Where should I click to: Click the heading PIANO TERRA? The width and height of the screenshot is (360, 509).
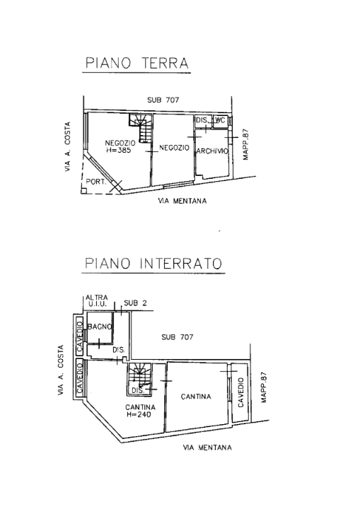(x=137, y=63)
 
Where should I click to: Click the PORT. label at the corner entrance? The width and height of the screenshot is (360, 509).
(x=95, y=182)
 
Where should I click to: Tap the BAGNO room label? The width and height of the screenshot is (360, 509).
(x=96, y=327)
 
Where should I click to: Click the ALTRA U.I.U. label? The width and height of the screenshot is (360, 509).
(x=95, y=300)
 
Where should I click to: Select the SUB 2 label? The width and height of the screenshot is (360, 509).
(x=134, y=303)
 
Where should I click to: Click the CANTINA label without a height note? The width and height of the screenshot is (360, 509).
(x=196, y=397)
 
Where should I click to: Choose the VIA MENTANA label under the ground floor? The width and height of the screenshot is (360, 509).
(x=182, y=201)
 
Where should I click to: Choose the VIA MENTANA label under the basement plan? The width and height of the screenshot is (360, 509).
(x=207, y=447)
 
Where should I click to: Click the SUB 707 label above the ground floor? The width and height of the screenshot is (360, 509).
(x=163, y=100)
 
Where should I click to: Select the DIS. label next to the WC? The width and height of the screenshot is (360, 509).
(x=202, y=121)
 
